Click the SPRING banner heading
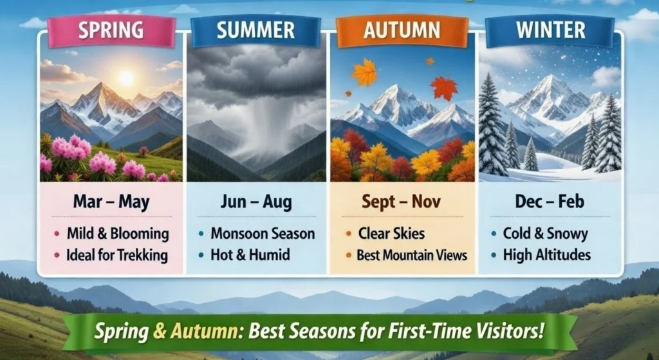111,30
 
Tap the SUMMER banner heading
255,30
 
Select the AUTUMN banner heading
402,30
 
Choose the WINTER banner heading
551,30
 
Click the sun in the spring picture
125,78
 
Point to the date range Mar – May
111,202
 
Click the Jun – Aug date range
256,202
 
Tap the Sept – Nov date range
402,202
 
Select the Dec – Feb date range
550,202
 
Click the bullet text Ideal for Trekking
117,255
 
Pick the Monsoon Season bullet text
263,233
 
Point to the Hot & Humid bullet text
250,254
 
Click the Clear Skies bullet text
391,233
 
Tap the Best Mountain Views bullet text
412,255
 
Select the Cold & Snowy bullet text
546,234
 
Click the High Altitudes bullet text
547,254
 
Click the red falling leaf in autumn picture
444,88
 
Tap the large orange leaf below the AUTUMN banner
365,72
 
